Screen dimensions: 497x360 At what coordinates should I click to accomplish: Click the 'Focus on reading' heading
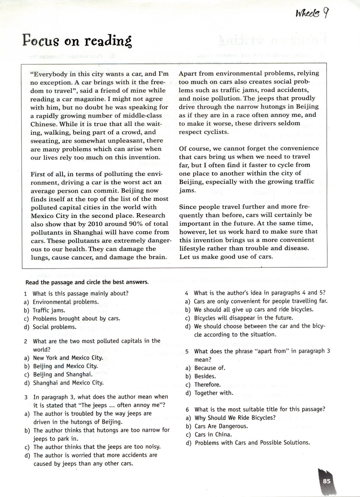point(77,41)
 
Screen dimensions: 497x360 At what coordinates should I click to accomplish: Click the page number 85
point(327,481)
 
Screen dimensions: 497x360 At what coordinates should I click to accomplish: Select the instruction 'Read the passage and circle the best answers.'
point(87,282)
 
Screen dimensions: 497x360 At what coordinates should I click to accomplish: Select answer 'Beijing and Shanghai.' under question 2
point(63,374)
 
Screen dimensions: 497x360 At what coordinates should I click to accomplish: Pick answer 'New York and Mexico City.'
point(68,358)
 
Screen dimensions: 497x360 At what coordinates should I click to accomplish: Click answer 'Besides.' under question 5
point(205,377)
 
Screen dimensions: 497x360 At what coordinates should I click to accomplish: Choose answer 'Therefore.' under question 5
point(207,385)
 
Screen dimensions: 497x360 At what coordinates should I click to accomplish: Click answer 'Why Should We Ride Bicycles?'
point(235,418)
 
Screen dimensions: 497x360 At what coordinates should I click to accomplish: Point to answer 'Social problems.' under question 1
point(54,327)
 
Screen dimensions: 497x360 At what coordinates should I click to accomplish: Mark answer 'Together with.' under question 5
point(214,393)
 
